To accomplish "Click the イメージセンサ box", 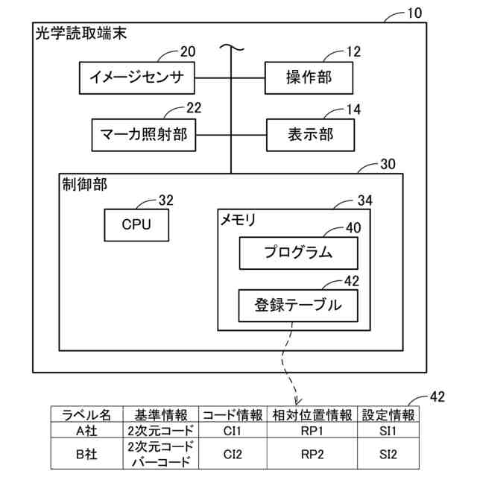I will click(136, 77).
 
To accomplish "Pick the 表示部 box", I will click(310, 135).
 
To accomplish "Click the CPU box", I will click(136, 224).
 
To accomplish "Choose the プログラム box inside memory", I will click(298, 253).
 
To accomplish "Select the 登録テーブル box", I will click(298, 304).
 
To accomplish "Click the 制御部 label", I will click(84, 185).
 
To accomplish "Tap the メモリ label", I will click(238, 220).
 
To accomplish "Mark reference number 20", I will click(187, 51).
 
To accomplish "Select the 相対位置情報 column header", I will click(312, 415).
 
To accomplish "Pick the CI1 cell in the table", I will click(233, 430).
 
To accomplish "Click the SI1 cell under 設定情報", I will click(388, 430).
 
